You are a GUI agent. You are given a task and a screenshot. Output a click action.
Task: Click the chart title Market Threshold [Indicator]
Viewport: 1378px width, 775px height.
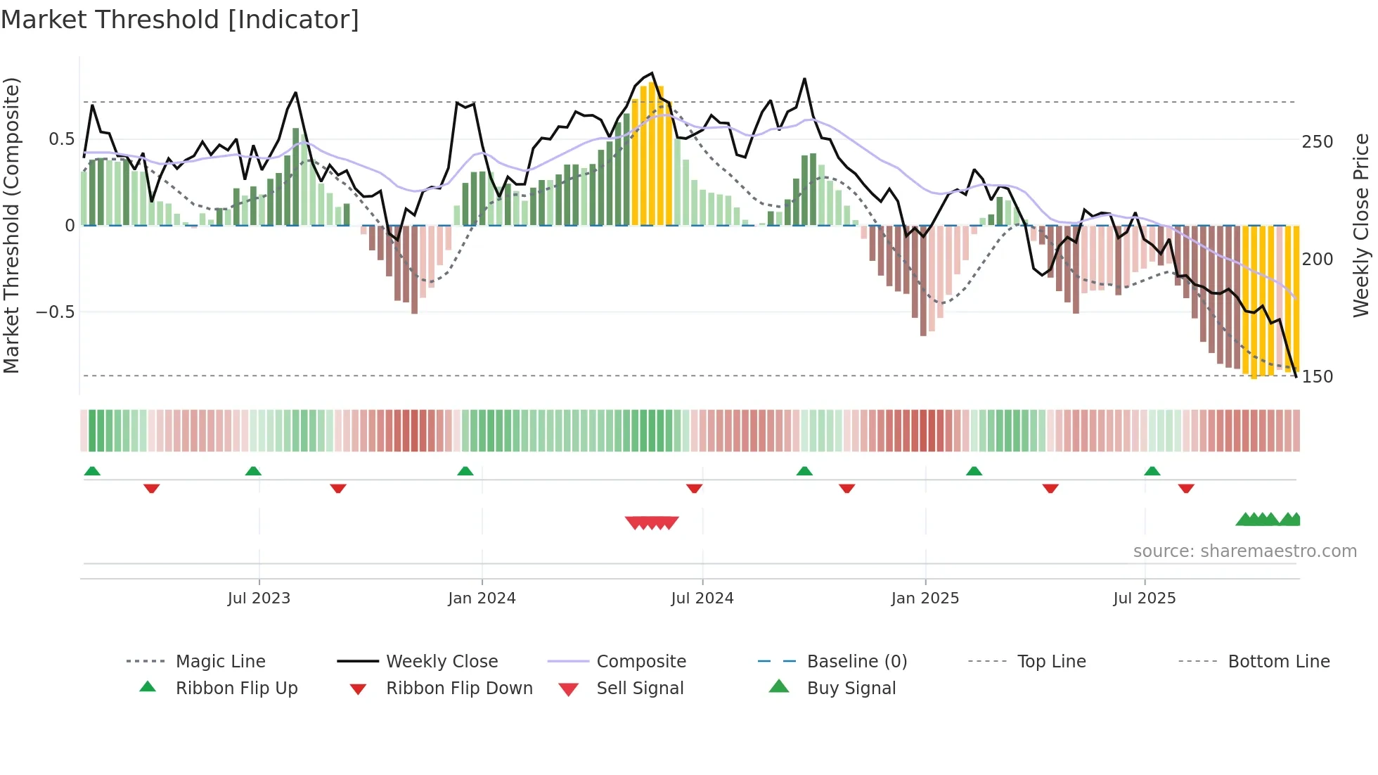180,20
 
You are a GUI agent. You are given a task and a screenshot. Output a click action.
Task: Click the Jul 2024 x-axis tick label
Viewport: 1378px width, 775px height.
702,598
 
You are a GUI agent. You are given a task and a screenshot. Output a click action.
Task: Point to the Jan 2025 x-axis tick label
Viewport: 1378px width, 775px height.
925,598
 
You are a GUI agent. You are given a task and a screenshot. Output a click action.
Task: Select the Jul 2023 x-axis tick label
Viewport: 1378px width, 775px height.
259,598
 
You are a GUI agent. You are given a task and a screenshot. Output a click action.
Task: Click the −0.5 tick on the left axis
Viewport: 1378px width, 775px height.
55,312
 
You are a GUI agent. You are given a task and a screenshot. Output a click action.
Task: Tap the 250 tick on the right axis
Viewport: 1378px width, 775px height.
1317,142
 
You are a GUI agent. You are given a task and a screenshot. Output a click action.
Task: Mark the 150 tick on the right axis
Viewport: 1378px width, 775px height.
1317,377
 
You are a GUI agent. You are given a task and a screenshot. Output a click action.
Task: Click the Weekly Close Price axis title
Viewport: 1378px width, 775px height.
1361,225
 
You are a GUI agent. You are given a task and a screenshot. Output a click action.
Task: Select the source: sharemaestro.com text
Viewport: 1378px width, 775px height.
1244,551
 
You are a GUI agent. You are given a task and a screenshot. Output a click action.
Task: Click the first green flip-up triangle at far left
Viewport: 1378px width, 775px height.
92,471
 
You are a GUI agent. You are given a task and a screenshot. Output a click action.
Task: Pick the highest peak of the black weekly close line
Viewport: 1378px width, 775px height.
652,73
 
